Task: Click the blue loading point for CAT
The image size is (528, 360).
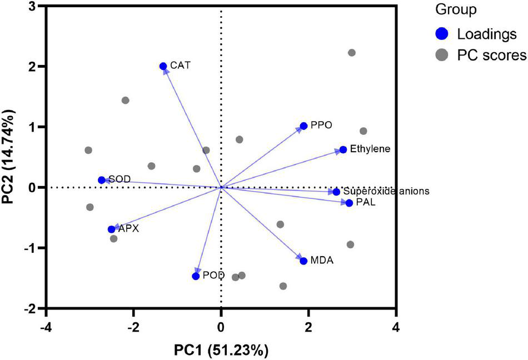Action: coord(163,66)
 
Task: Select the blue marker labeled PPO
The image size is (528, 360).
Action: coord(303,126)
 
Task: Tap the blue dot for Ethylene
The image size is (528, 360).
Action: coord(343,149)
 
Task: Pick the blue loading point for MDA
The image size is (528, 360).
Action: coord(303,261)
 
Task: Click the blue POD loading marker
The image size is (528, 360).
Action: coord(196,276)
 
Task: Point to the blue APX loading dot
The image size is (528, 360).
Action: coord(112,229)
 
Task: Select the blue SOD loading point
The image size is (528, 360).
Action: coord(102,180)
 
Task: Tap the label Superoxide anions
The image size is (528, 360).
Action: coord(386,191)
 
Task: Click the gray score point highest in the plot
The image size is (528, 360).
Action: coord(351,53)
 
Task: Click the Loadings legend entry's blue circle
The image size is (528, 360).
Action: coord(442,34)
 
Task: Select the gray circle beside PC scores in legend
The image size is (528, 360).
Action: coord(442,56)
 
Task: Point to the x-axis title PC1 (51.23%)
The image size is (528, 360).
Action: coord(222,350)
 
